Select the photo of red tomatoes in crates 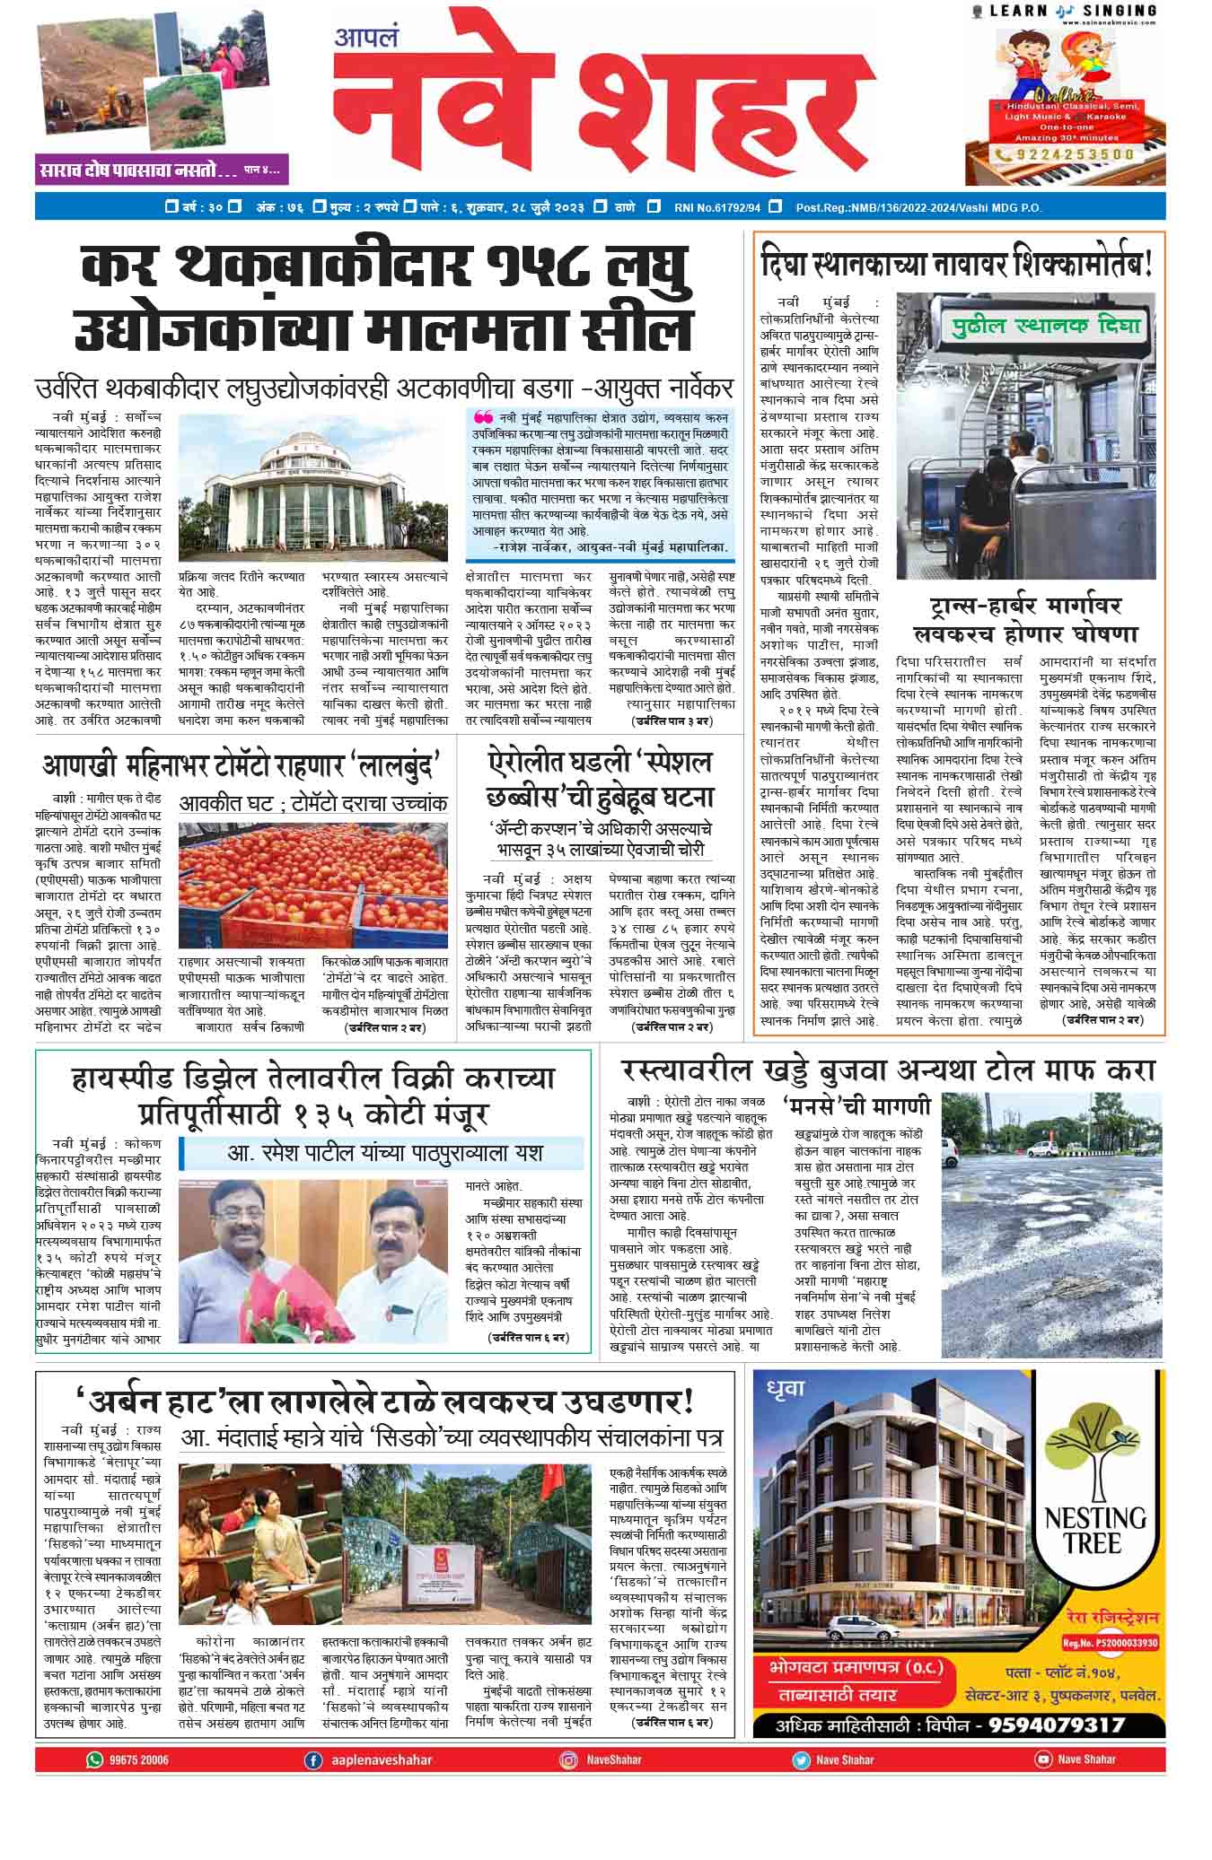coord(312,878)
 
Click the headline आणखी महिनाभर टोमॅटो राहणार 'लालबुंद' coord(240,767)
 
